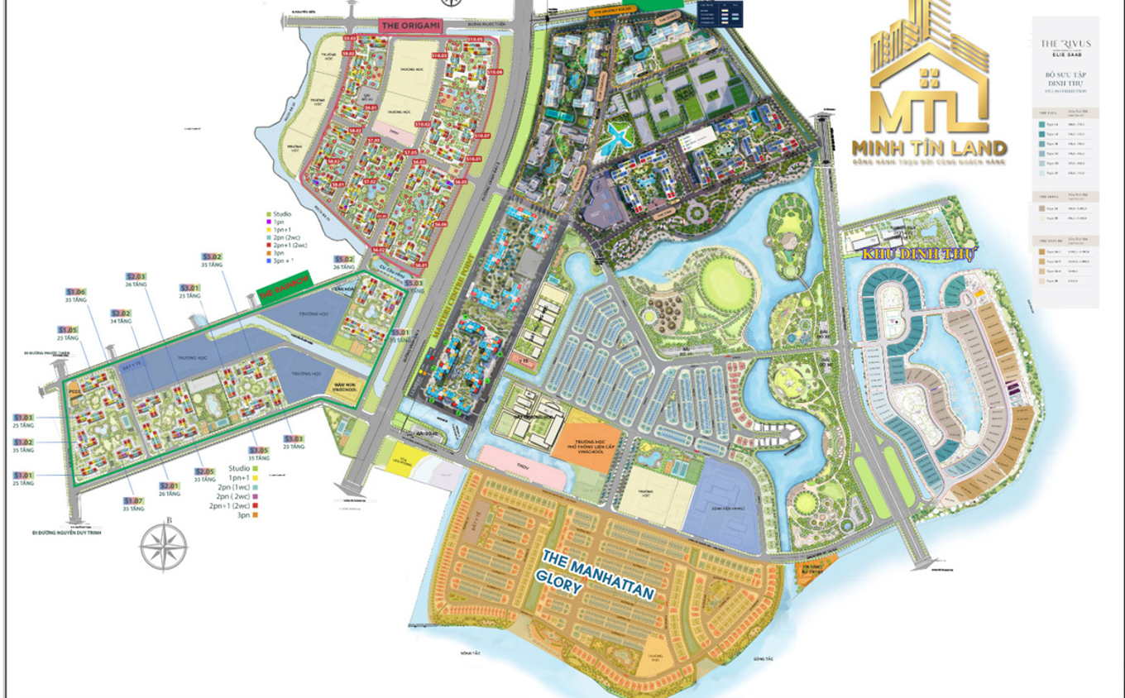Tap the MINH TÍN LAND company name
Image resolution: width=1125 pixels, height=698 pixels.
[x=929, y=149]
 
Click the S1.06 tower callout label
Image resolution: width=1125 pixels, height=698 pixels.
[x=76, y=292]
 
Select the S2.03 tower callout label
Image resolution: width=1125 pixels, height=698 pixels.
[x=136, y=276]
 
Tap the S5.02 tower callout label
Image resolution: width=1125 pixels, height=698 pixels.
[x=344, y=260]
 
